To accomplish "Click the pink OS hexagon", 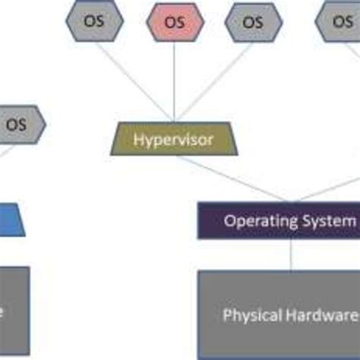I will click(x=175, y=21).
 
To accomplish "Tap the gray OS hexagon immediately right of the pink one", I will click(x=252, y=21).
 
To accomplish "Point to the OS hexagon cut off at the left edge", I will click(x=18, y=125).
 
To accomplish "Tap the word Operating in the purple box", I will click(x=256, y=221).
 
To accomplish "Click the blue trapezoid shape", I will click(x=11, y=219).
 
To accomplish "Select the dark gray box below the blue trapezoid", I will click(x=14, y=311).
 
